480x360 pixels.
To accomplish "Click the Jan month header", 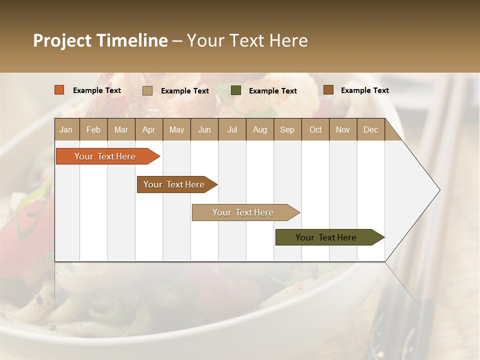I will tap(66, 129).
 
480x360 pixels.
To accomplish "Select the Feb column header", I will tap(93, 129).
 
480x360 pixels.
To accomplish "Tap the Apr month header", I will tap(148, 129).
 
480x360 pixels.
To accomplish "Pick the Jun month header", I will tap(204, 129).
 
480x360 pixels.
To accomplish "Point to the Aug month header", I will tap(260, 129).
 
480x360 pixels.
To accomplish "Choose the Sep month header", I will tap(287, 129).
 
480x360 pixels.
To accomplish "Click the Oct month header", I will tap(315, 129).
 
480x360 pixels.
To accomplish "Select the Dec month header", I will tap(370, 129).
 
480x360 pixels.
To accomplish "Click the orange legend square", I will tap(59, 90).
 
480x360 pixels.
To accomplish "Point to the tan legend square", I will tap(147, 90).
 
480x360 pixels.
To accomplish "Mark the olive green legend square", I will tap(236, 90).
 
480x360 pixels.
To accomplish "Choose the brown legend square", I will tap(328, 90).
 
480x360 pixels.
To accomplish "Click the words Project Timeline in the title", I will tap(100, 40).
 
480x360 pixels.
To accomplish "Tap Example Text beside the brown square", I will tap(364, 90).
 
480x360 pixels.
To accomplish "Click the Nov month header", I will tap(343, 129).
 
